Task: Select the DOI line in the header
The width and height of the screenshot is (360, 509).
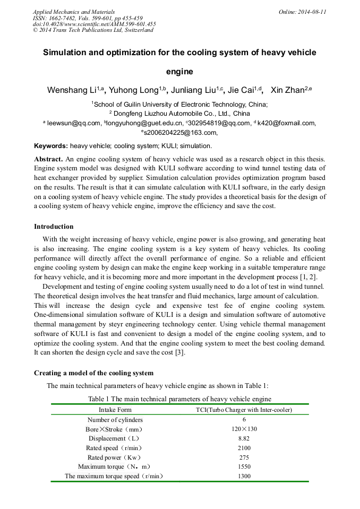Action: click(94, 24)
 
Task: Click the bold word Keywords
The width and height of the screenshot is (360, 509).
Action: click(50, 145)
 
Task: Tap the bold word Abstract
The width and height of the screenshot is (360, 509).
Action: click(48, 159)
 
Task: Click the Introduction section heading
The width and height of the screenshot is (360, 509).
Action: click(54, 227)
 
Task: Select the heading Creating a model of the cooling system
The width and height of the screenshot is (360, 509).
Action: click(93, 373)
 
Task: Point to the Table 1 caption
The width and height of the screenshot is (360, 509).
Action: click(179, 399)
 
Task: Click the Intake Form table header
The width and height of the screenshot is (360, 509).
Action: click(115, 410)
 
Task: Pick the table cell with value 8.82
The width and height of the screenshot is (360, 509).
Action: click(244, 438)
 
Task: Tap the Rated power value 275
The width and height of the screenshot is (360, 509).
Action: click(244, 458)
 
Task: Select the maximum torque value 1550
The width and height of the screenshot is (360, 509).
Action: click(244, 467)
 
